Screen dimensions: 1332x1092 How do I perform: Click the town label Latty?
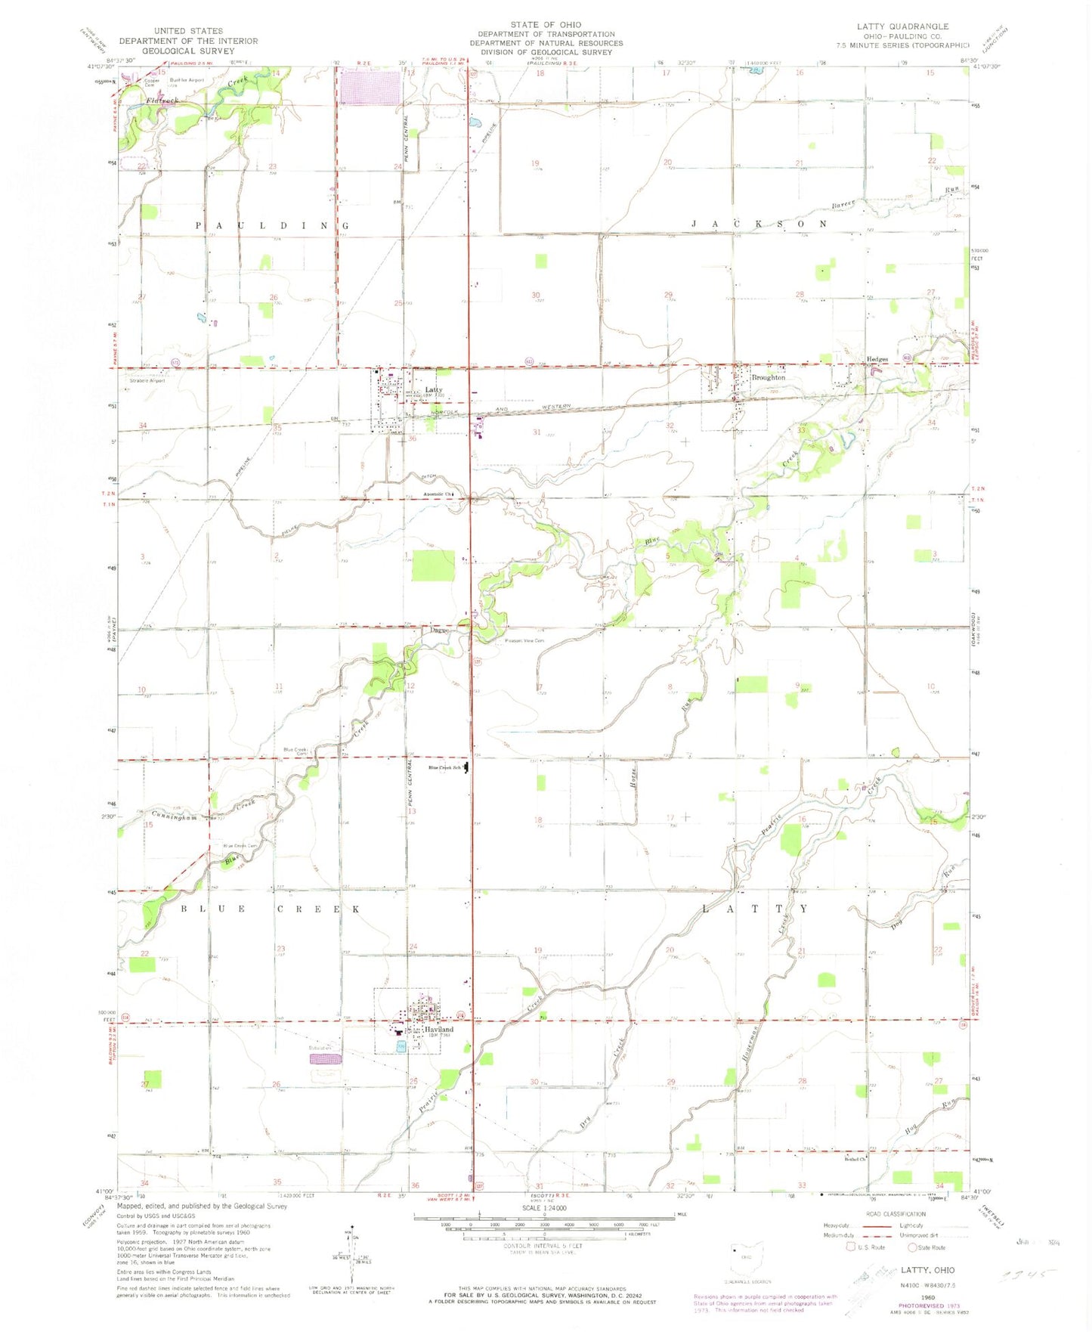(434, 390)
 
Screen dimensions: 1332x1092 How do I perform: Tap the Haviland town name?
(438, 1030)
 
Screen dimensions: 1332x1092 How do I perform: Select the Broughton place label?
(768, 377)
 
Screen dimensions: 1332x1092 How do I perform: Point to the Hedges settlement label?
(877, 359)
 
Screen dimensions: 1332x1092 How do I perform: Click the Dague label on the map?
(439, 630)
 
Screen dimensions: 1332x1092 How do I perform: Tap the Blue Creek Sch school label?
(444, 768)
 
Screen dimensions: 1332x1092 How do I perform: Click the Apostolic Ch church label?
(438, 494)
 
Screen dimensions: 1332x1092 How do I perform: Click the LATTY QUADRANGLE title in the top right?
(902, 26)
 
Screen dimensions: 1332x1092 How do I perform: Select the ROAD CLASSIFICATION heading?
(896, 1214)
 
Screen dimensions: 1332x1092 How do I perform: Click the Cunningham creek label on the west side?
(174, 816)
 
